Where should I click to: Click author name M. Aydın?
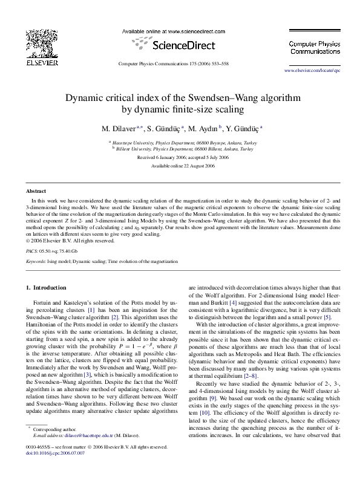pos(205,129)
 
